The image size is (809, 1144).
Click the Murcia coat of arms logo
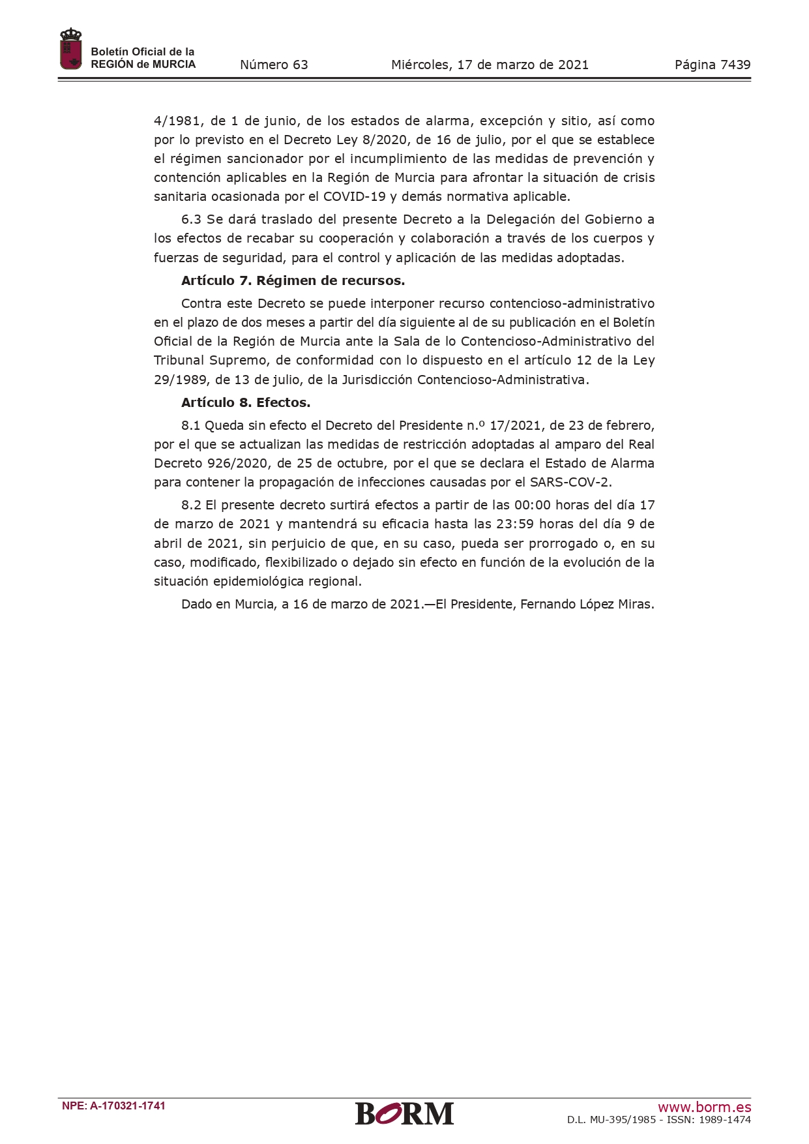[70, 49]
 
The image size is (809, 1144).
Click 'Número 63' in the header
[274, 65]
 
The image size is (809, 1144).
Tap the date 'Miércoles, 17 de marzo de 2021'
[490, 65]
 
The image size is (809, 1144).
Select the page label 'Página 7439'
[713, 65]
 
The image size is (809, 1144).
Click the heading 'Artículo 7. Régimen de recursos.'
[293, 280]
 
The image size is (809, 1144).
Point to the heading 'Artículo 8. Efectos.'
[246, 402]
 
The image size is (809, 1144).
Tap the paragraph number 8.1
[190, 425]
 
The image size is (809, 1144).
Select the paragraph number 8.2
[191, 505]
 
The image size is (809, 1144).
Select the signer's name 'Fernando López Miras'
[586, 604]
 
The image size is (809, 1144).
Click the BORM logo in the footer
[404, 1113]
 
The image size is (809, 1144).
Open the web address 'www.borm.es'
[704, 1107]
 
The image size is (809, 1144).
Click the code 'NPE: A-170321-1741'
[113, 1106]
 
